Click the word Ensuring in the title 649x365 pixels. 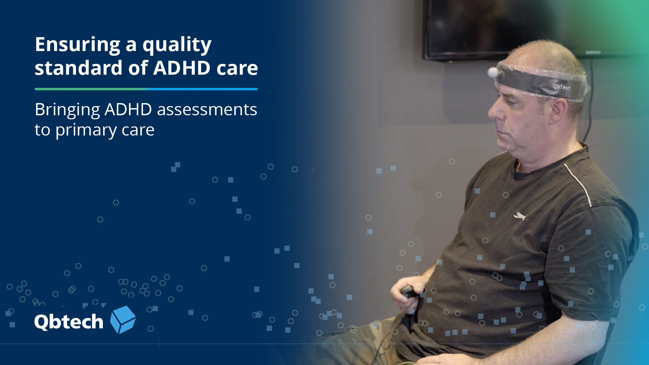(77, 45)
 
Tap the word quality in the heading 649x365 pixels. (177, 45)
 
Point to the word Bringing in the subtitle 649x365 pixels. (67, 110)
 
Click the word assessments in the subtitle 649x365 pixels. (207, 110)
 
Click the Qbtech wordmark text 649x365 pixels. (69, 321)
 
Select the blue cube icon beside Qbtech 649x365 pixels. (123, 320)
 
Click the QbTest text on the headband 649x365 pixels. (561, 87)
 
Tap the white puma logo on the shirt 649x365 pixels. (520, 216)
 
